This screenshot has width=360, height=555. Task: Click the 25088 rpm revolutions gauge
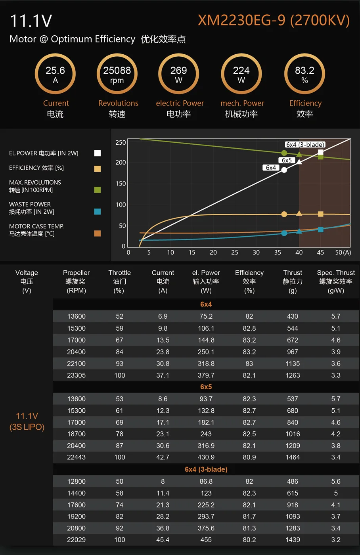coord(117,74)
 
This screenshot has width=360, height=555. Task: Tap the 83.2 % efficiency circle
coord(304,74)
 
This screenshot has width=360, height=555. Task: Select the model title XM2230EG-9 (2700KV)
coord(274,20)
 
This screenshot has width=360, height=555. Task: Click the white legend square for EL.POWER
coord(98,153)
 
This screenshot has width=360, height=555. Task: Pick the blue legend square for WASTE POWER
coord(98,212)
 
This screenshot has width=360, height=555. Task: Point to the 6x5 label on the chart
coord(287,160)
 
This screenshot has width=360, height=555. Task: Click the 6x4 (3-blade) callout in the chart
coord(305,145)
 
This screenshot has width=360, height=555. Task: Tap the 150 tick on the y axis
coord(121,184)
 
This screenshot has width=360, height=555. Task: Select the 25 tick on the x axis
coord(235,253)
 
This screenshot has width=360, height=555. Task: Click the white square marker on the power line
coord(320,152)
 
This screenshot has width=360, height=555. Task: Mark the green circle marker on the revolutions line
coord(284,153)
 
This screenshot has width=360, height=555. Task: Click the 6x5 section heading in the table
coord(206,387)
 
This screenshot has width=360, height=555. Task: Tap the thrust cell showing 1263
coord(293,375)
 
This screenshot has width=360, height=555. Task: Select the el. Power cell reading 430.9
coord(206,457)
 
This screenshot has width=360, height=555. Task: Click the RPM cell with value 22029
coord(77,540)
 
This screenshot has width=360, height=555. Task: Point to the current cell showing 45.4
coord(163,540)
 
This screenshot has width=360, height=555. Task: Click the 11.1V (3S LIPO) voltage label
coord(27,421)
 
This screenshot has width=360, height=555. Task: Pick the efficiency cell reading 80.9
coord(249,457)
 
